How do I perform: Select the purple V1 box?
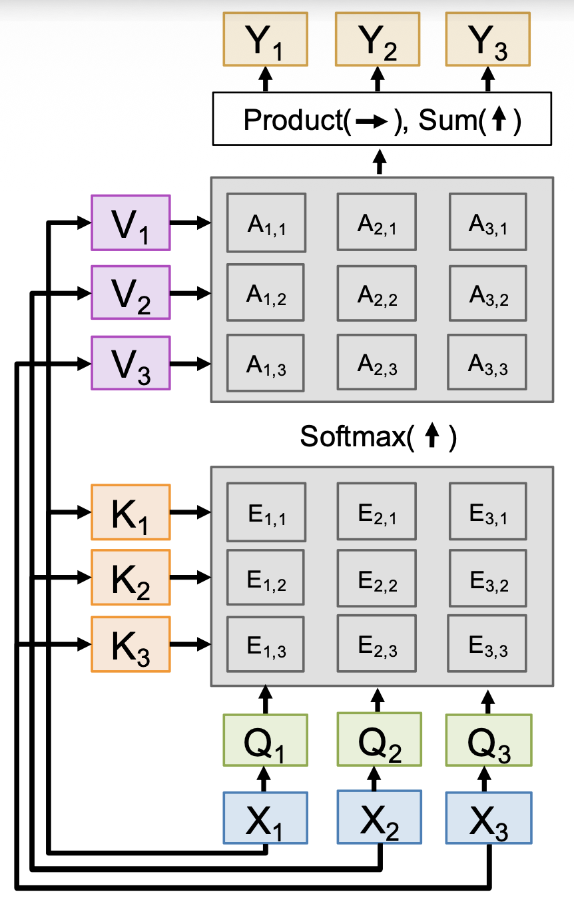(x=131, y=223)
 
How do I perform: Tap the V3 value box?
(x=131, y=364)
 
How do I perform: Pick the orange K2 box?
(x=131, y=578)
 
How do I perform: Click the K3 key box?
(x=131, y=644)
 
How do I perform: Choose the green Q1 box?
(x=265, y=740)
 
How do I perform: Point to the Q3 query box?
(x=488, y=740)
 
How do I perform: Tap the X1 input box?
(x=265, y=818)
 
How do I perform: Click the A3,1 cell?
(x=487, y=223)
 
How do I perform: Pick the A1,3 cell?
(x=266, y=364)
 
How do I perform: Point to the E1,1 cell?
(x=266, y=512)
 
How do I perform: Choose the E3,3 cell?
(x=487, y=644)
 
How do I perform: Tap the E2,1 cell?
(x=377, y=512)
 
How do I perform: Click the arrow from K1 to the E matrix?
(x=190, y=512)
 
